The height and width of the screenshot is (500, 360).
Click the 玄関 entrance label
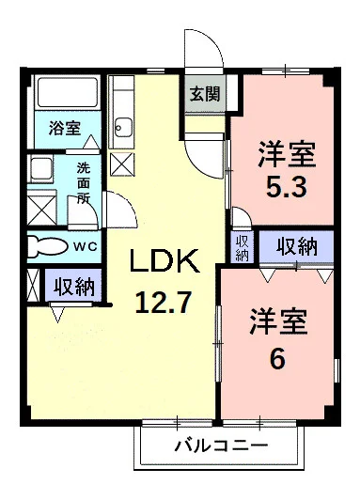[x=205, y=94]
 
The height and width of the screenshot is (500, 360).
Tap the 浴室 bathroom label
[x=65, y=128]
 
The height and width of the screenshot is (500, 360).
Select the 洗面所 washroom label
[x=84, y=183]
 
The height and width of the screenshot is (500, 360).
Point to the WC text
[x=86, y=246]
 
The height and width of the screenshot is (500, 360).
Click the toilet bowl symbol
[x=48, y=246]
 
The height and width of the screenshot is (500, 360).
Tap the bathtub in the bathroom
[x=68, y=93]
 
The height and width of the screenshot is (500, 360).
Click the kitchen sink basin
[x=123, y=127]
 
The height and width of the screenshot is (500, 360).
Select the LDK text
[x=164, y=261]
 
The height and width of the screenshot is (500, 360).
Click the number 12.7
[x=164, y=303]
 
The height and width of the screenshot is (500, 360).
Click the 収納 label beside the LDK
[x=74, y=287]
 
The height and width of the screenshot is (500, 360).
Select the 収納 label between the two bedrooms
[x=296, y=247]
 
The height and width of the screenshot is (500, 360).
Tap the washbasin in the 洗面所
[x=41, y=169]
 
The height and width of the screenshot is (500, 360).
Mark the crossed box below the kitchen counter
[x=122, y=164]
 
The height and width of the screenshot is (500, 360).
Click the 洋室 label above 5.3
[x=287, y=154]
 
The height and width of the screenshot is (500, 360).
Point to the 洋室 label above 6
[x=278, y=321]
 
